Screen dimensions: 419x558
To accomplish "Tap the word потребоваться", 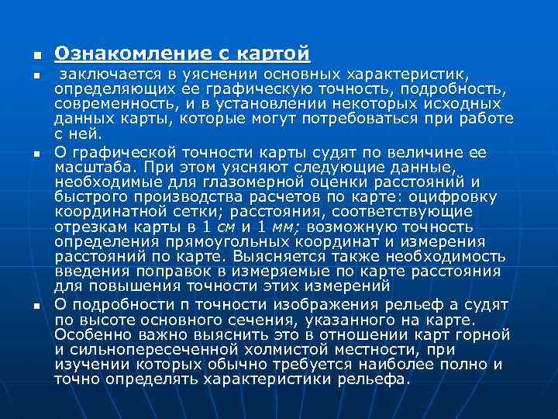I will click(396, 119).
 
